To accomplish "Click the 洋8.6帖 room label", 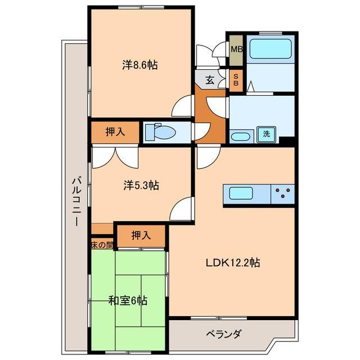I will point(140,65).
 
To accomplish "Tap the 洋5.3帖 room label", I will point(141,185).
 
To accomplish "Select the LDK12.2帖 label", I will point(232,262).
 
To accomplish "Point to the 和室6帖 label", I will point(128,301).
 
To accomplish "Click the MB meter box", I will point(236,49).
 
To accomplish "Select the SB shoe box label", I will point(236,79).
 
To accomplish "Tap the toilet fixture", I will point(160,132).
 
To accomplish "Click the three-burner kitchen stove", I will point(283,194).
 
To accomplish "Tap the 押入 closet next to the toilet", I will point(115,132).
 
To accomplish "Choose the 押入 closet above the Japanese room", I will point(141,236).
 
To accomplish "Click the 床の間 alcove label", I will point(102,245).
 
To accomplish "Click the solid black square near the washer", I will point(287,141).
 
